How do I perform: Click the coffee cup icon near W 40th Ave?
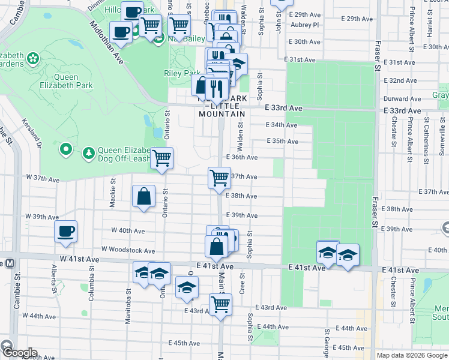click(65, 231)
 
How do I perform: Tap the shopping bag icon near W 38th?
click(144, 196)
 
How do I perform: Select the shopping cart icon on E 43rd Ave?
click(220, 304)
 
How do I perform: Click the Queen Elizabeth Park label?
click(74, 81)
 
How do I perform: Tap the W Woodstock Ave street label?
click(128, 250)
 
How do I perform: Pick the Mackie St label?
click(113, 193)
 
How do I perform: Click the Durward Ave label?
click(400, 98)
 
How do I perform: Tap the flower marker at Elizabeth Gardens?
click(33, 59)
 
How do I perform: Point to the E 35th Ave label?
click(282, 142)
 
